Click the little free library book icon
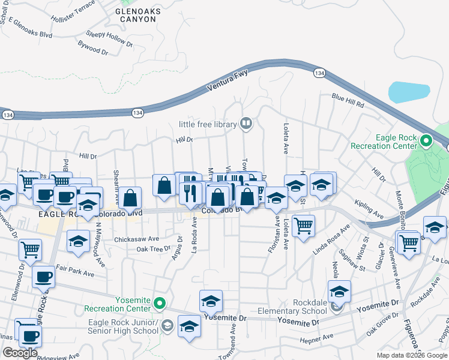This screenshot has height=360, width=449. tap(246, 124)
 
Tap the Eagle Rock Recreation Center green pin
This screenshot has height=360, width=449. tap(426, 142)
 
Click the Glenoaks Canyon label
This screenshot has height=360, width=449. tap(136, 15)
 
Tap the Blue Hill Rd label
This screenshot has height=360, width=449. tap(349, 100)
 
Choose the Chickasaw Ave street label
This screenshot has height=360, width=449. tap(137, 238)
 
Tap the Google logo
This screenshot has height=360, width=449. tap(20, 353)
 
